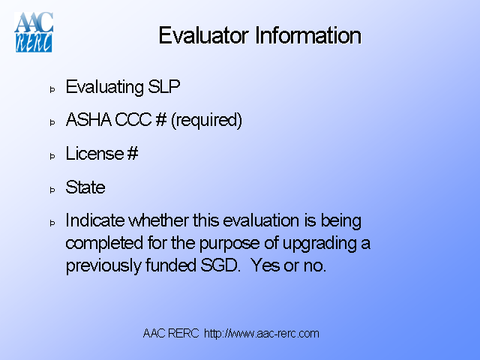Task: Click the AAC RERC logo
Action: pyautogui.click(x=34, y=31)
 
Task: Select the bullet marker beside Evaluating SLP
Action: pyautogui.click(x=52, y=89)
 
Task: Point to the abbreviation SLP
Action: pyautogui.click(x=166, y=87)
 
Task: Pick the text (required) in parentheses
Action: pyautogui.click(x=206, y=121)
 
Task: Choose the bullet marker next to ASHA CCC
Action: pyautogui.click(x=52, y=123)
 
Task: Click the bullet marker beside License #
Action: pyautogui.click(x=52, y=157)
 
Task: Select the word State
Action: pyautogui.click(x=85, y=187)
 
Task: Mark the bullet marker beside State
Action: pyautogui.click(x=52, y=190)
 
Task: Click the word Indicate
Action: pyautogui.click(x=95, y=221)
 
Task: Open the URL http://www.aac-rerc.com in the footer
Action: pyautogui.click(x=262, y=333)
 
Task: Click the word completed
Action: pyautogui.click(x=103, y=244)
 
